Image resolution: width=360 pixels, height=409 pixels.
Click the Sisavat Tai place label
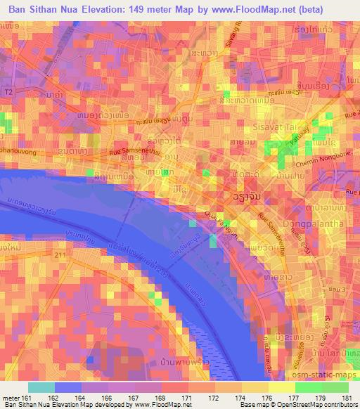272,127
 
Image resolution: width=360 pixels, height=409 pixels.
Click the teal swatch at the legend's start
41,387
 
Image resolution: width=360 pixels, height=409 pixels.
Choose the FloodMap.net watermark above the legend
181,378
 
